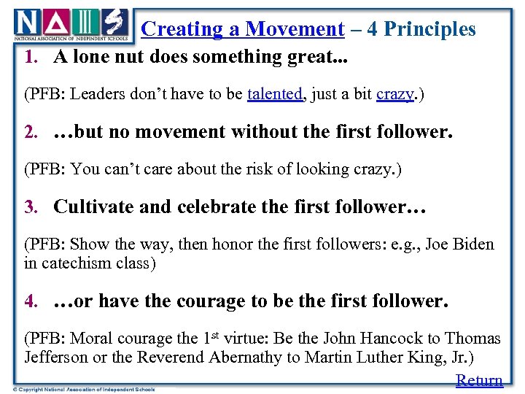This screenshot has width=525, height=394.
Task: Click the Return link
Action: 479,380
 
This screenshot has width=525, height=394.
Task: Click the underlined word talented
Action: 274,94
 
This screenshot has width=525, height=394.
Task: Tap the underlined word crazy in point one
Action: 394,94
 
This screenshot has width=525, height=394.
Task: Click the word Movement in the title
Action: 295,29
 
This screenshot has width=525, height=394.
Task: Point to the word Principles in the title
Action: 429,29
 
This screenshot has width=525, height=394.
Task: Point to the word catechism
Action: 74,263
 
